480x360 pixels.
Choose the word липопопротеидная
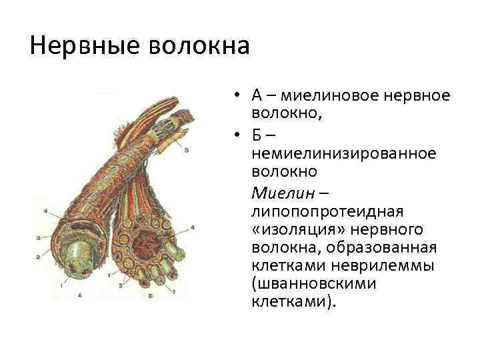point(328,211)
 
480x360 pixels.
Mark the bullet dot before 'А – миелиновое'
point(237,97)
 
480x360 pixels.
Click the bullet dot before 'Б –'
point(237,135)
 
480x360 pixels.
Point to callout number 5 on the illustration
point(186,150)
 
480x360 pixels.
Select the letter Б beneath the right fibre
point(154,294)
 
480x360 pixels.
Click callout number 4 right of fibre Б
point(193,227)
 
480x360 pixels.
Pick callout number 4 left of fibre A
point(45,212)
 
